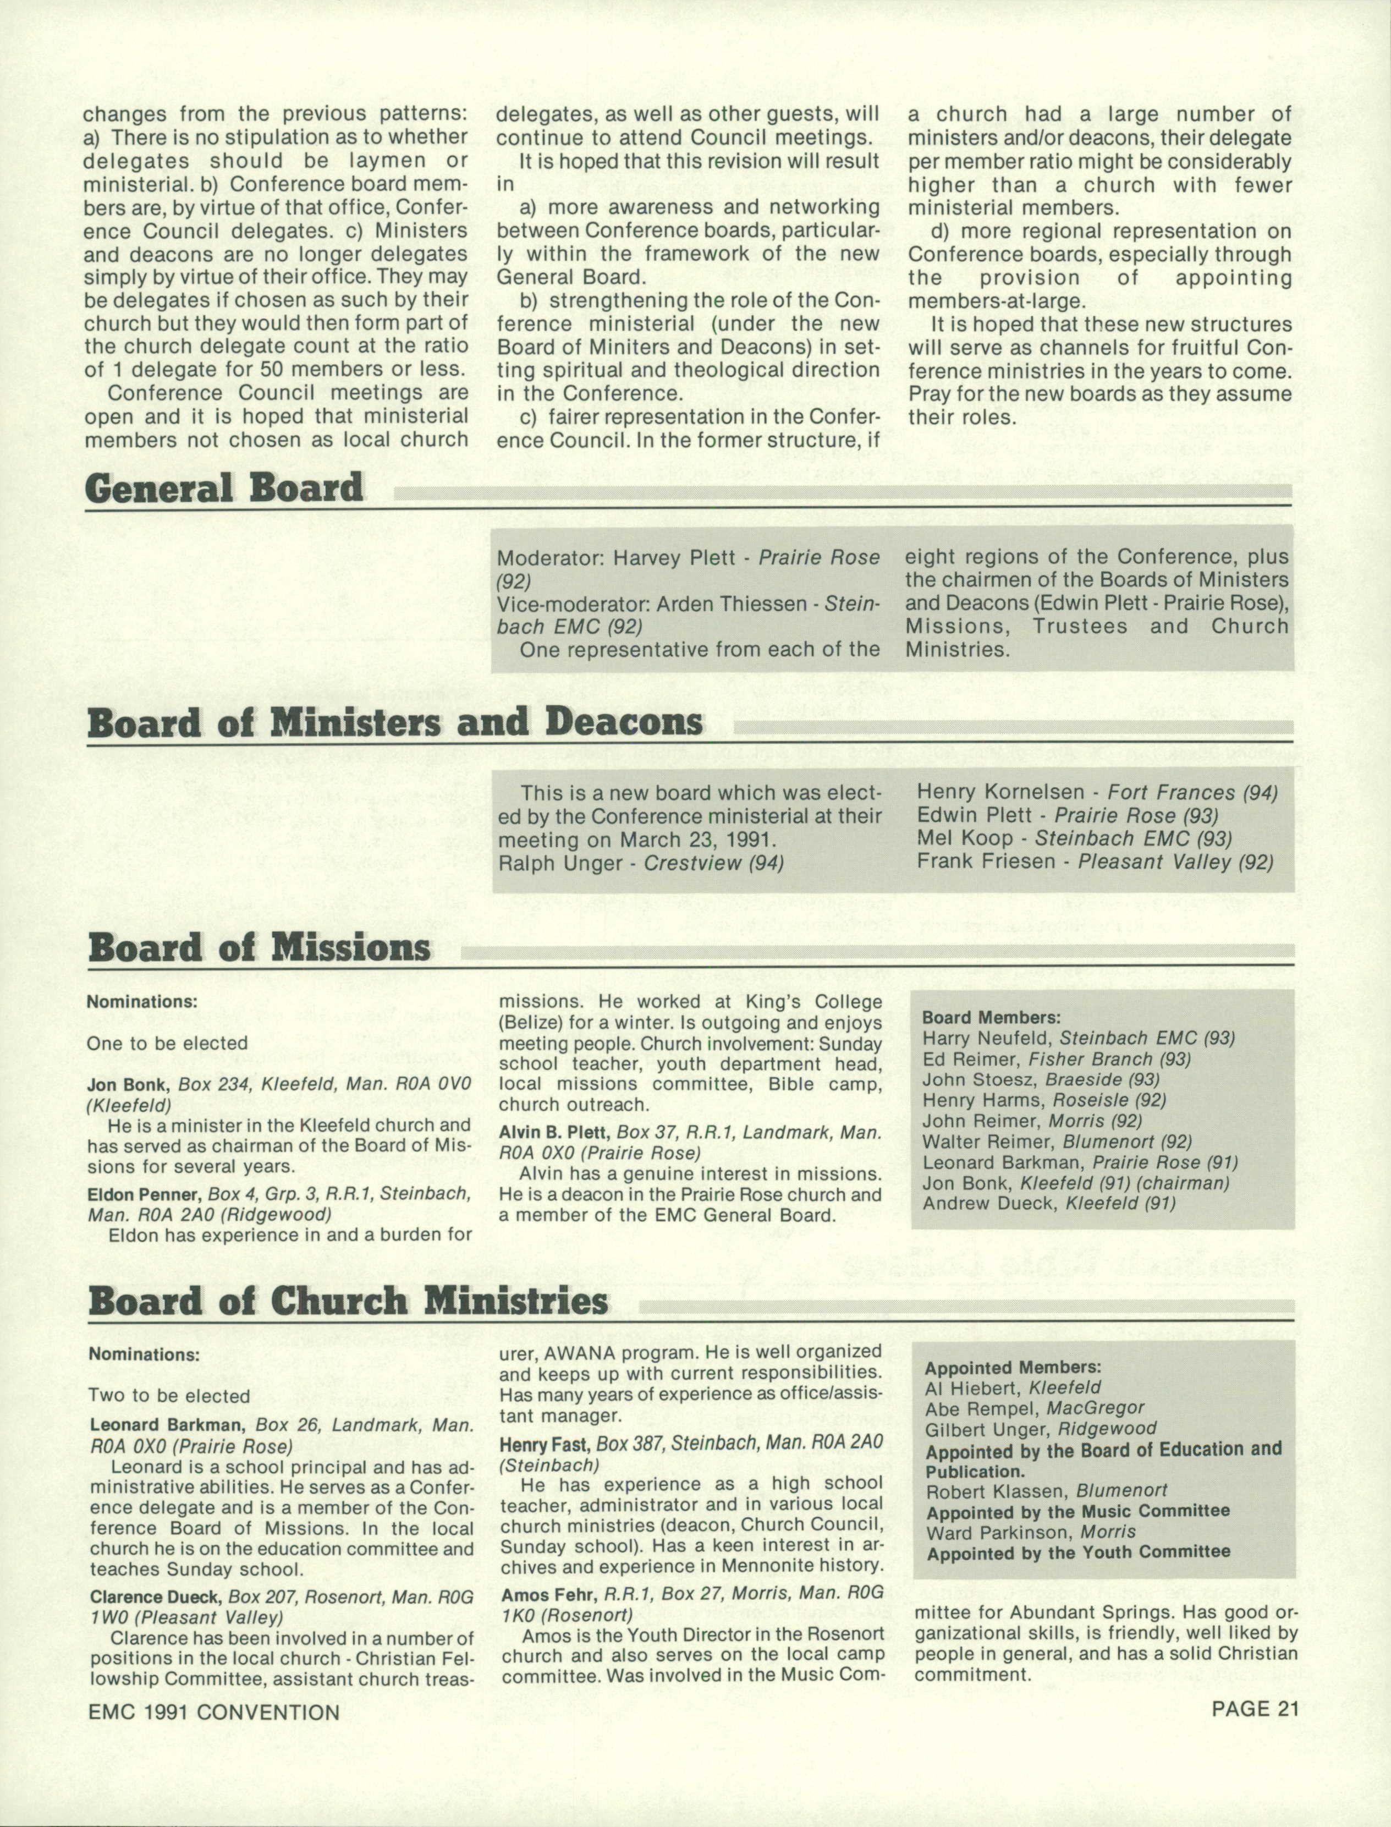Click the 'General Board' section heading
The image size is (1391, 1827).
[224, 488]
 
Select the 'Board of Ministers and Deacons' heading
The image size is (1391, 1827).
[395, 722]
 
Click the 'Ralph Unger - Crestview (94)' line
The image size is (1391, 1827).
[641, 863]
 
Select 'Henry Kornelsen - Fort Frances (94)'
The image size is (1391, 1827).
[1097, 793]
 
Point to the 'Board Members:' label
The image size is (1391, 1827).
[991, 1017]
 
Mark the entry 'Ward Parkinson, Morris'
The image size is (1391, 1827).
[1031, 1532]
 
